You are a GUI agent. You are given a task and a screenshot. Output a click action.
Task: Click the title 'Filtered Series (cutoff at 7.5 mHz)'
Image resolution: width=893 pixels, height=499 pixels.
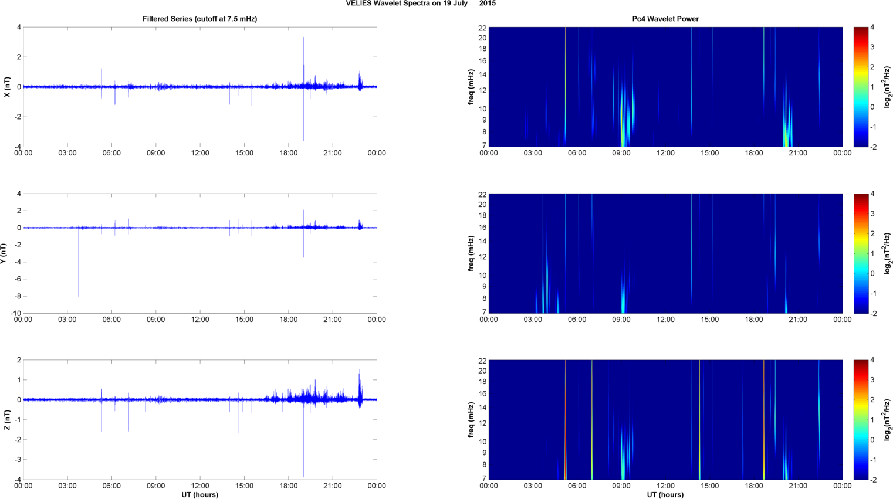199,19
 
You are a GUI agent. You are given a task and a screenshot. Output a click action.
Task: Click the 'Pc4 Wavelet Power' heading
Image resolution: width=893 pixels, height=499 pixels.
665,19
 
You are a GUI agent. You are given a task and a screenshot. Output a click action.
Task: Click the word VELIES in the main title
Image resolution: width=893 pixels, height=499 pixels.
358,4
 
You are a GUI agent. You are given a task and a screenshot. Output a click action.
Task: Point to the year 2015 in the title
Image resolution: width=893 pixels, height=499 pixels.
487,4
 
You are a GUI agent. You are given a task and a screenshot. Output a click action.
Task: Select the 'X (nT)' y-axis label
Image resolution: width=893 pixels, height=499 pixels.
7,87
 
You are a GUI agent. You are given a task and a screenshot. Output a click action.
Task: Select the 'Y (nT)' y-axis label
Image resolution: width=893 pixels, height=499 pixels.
3,253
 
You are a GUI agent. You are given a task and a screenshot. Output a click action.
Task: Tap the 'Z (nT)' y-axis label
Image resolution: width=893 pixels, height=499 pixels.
7,420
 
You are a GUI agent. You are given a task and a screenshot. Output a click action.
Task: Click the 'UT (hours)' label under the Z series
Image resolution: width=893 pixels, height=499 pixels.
199,494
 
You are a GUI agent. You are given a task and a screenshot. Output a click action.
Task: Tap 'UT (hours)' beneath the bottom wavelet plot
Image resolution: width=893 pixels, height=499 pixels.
665,494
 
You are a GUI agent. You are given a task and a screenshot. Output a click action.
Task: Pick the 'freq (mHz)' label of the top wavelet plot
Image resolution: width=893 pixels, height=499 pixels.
471,87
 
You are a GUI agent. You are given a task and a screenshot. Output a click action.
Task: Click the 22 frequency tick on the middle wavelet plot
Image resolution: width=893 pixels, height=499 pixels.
482,194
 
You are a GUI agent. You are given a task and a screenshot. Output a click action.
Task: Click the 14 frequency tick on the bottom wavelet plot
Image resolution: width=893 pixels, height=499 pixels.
482,408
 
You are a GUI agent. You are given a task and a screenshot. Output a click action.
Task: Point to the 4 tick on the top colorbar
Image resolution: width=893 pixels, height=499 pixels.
872,28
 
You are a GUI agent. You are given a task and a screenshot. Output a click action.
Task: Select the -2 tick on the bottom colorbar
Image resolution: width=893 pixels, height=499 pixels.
873,480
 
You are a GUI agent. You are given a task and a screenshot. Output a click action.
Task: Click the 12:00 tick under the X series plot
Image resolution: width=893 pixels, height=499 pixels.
199,153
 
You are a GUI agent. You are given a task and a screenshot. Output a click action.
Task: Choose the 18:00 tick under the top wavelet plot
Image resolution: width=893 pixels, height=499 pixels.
753,153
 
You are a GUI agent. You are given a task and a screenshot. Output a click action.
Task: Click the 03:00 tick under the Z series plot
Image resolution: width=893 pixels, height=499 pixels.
67,486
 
